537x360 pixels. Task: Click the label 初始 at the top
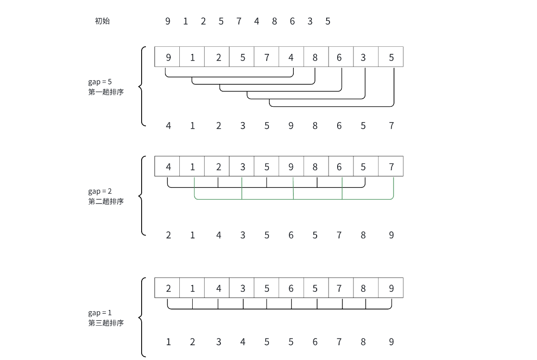103,21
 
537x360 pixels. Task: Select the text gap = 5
100,82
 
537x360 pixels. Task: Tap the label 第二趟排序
106,201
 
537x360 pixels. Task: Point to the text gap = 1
100,313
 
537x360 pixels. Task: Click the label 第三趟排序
106,323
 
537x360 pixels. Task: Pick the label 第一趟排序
106,92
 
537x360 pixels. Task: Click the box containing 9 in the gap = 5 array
167,57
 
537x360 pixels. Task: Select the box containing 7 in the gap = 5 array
267,57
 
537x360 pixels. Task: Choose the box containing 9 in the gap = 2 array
291,167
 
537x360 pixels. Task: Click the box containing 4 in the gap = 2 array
167,167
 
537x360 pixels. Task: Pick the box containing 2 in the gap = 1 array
167,288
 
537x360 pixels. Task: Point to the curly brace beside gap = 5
141,86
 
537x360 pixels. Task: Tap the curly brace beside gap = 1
141,317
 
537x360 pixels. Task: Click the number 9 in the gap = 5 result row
291,126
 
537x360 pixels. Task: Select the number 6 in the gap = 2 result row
291,235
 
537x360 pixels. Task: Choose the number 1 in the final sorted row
168,342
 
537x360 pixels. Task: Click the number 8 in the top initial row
274,21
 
